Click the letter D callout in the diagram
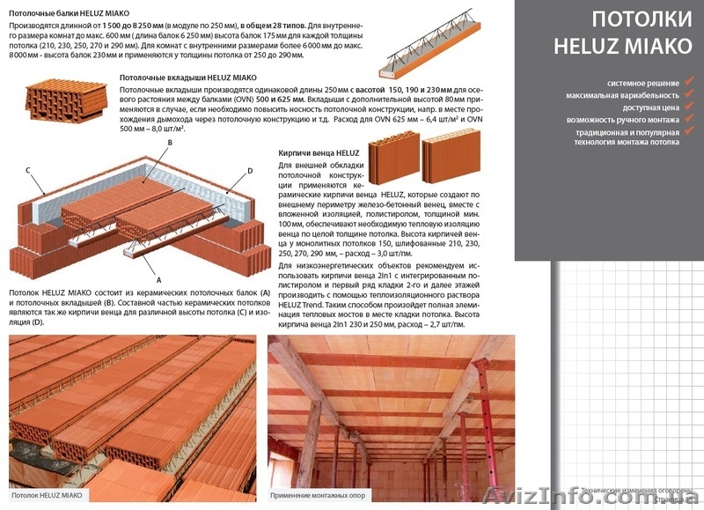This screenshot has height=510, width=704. (x=250, y=171)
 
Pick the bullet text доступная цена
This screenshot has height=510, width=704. (x=652, y=107)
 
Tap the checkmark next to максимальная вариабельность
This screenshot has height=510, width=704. (x=689, y=93)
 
